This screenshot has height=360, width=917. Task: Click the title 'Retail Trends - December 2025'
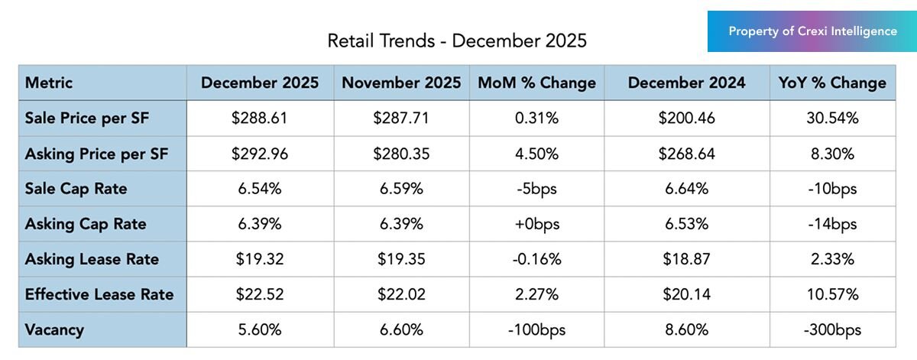click(x=457, y=41)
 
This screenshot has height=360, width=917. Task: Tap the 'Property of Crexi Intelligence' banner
click(x=812, y=31)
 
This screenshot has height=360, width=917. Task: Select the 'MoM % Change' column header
click(x=536, y=83)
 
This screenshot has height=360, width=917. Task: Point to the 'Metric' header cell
click(x=49, y=83)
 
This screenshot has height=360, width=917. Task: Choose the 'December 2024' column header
click(x=686, y=83)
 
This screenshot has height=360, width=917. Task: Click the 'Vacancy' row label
click(x=54, y=330)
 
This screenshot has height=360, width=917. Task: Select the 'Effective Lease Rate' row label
click(x=99, y=294)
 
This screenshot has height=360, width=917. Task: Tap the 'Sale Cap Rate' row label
click(x=76, y=189)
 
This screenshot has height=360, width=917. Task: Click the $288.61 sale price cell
click(x=260, y=118)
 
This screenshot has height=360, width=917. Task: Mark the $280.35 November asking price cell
click(x=401, y=154)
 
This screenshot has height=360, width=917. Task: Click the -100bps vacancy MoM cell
click(x=536, y=330)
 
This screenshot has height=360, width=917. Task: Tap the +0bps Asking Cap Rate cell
click(x=536, y=224)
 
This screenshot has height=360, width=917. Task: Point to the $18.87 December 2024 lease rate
click(x=686, y=259)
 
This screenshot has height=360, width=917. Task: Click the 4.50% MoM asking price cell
click(x=536, y=154)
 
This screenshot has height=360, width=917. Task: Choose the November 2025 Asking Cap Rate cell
click(x=401, y=224)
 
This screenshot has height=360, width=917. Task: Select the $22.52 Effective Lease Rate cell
click(x=260, y=294)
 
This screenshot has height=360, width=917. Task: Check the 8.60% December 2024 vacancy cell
click(x=686, y=330)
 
